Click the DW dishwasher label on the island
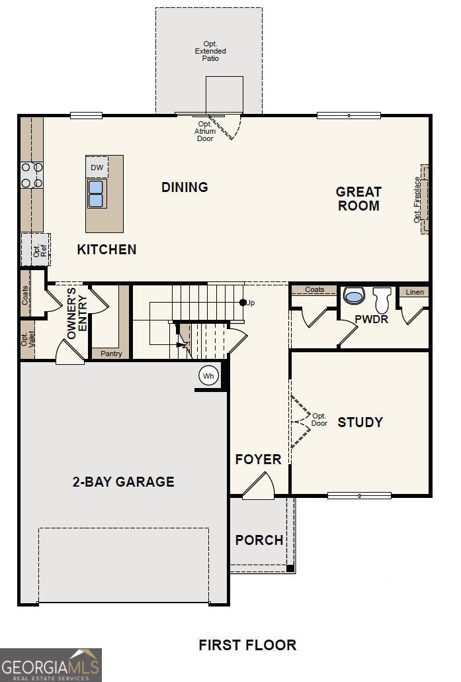point(97,168)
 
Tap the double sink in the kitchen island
point(96,194)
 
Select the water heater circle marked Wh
point(208,376)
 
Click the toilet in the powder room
point(382,299)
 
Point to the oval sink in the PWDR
point(354,296)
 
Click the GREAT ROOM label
point(359,199)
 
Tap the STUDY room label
point(360,422)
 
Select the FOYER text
point(258,459)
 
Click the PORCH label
point(259,540)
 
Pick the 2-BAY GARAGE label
point(124,481)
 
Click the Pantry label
point(111,354)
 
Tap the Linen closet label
point(415,292)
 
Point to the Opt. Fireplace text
point(417,200)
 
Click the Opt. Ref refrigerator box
point(36,250)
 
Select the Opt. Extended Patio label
point(210,51)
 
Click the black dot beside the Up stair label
point(243,303)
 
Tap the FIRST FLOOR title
point(247,645)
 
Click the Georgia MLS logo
point(51,665)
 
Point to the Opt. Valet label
point(28,339)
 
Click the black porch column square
point(290,569)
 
